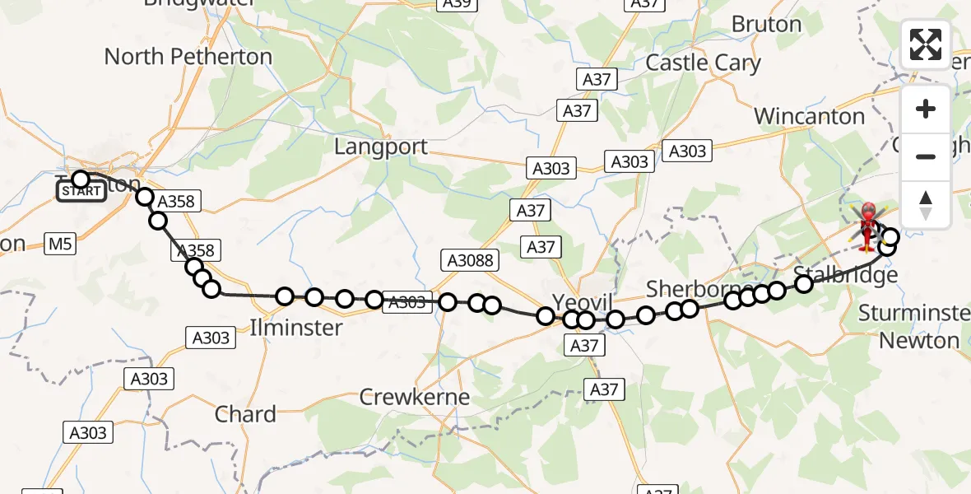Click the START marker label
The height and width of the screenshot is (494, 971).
point(81,192)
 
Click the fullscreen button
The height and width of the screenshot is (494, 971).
point(926,44)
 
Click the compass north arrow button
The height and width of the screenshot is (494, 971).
point(926,204)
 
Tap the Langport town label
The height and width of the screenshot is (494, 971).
point(381,147)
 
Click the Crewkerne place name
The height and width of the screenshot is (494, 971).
point(415,397)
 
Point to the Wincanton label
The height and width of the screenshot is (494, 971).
point(809,117)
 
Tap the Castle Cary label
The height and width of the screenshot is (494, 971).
point(704,63)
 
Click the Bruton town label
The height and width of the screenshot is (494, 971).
point(766,25)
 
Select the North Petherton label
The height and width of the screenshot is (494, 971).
point(188,57)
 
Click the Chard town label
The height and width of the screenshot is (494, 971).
point(245,414)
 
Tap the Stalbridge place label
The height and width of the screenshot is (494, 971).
point(845,275)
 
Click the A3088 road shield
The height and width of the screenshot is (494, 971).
point(471,261)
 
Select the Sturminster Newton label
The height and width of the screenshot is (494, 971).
point(914,326)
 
